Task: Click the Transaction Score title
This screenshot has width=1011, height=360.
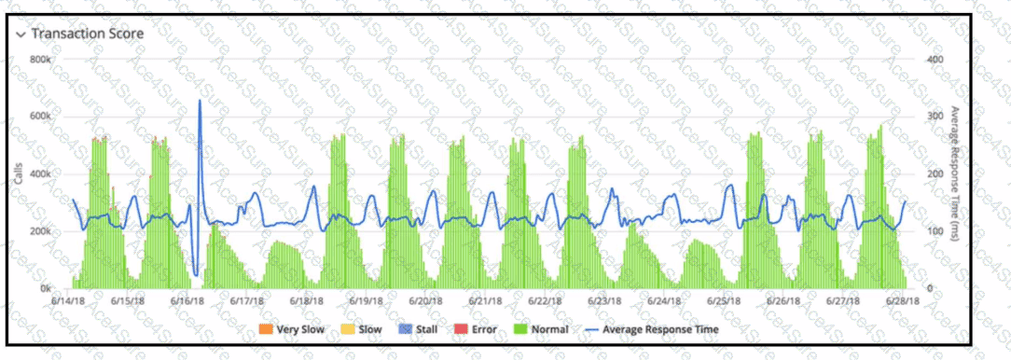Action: (x=88, y=34)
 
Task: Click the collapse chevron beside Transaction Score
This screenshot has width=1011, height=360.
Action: (x=21, y=35)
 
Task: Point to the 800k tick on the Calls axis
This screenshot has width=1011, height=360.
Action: (x=40, y=60)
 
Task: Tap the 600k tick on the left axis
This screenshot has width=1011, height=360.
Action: (x=40, y=117)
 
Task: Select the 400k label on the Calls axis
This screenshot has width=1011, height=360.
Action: (x=40, y=174)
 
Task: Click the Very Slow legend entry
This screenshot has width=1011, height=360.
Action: (x=292, y=329)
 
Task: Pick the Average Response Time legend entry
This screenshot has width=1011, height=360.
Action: (x=650, y=329)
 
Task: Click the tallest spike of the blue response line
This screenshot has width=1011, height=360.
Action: (x=200, y=101)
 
